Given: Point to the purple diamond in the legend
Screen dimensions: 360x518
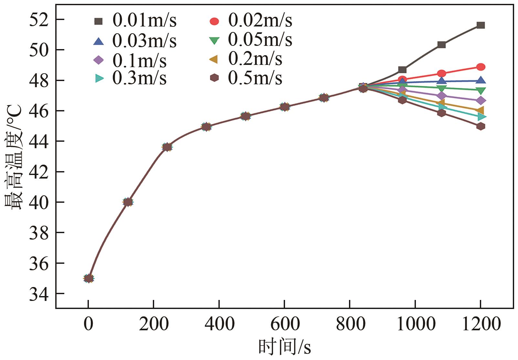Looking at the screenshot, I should [98, 60].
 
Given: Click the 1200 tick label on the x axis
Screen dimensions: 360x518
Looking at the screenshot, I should [481, 324].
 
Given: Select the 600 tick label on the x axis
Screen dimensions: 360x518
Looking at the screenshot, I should [284, 324].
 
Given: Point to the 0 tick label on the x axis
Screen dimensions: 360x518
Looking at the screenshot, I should [88, 324].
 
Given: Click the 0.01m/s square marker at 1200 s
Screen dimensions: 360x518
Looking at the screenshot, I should [481, 25].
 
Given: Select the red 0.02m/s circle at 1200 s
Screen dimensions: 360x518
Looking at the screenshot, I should [481, 67].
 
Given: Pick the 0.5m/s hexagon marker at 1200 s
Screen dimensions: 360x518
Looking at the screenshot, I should [481, 126].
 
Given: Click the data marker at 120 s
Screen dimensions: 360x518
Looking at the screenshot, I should [128, 202].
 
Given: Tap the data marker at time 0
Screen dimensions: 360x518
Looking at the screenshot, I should [89, 278].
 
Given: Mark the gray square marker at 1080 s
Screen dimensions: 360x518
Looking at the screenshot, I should [441, 45].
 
